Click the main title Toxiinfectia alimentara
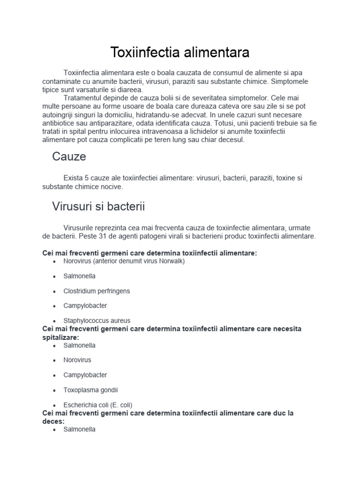point(180,52)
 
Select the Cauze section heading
point(69,157)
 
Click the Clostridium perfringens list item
point(97,291)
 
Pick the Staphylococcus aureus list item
point(97,321)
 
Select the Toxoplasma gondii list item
point(90,390)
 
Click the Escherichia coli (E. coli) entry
point(97,405)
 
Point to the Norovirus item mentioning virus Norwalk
point(124,261)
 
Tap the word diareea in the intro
point(132,90)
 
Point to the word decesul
point(232,140)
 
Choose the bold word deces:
point(53,421)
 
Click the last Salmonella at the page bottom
point(79,429)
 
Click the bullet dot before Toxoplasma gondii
point(55,390)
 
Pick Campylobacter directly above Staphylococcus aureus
point(85,306)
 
